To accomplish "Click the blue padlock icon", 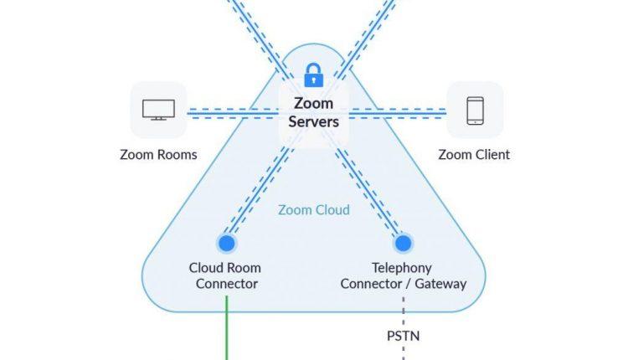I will pos(313,75).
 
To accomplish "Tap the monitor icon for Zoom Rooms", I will pos(157,110).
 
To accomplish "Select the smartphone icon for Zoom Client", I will pos(474,110).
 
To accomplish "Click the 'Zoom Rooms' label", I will pos(158,155).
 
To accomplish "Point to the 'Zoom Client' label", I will pos(474,155).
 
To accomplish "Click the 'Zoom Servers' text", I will pos(313,112).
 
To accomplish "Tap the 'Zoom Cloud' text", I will pos(314,209).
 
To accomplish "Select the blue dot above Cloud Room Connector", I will pos(225,244).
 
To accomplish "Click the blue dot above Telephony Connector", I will pos(403,244).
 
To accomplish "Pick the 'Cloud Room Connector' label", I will pos(226,276).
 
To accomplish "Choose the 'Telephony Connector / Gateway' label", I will pos(403,276).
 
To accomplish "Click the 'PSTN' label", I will pos(403,337).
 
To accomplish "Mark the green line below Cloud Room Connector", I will pos(226,331).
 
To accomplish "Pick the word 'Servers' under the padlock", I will pos(313,121).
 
